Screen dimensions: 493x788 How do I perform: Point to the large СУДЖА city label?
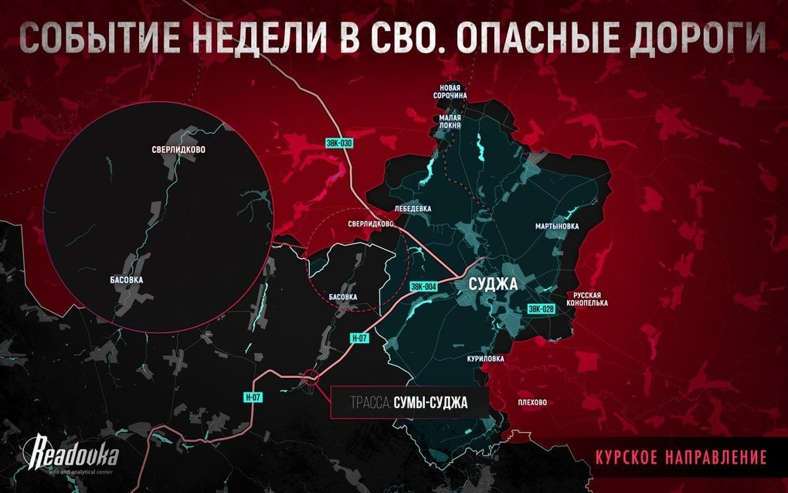tap(493, 284)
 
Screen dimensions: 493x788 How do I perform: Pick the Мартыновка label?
tap(557, 226)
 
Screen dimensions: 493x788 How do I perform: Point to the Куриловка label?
tap(485, 359)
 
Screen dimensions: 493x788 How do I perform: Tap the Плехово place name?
tap(532, 402)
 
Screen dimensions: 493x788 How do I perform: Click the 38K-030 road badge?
tap(338, 143)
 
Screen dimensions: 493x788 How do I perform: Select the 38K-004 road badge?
tap(424, 286)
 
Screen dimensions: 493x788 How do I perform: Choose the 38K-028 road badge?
tap(541, 309)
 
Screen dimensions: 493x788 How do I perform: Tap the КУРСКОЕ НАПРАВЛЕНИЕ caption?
tap(681, 457)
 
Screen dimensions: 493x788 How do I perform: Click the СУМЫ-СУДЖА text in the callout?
tap(430, 402)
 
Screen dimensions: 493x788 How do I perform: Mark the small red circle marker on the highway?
tap(311, 378)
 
